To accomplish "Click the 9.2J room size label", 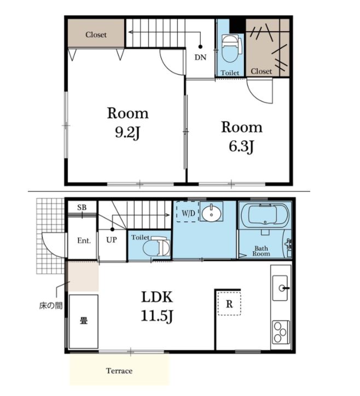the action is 127,133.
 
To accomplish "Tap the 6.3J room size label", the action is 241,146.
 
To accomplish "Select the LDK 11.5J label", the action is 157,307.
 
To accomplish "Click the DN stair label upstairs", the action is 201,58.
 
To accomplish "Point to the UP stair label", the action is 112,240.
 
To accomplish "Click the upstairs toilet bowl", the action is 230,49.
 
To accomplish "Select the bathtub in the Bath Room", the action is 265,215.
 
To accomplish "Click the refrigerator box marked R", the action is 229,303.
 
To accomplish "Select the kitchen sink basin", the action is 280,288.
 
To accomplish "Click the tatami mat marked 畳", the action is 84,322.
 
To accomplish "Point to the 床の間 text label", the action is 51,306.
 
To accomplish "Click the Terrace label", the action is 119,371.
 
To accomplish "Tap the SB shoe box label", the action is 82,208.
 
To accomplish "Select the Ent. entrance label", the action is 84,240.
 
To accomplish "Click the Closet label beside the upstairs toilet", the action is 262,71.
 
